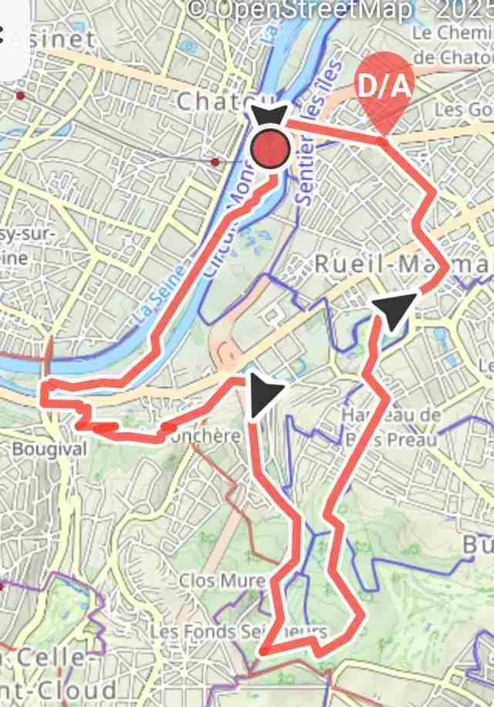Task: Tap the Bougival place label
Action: click(x=49, y=449)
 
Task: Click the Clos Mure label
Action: click(x=222, y=580)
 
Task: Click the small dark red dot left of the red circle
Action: click(x=215, y=162)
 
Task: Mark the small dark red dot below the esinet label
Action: click(x=20, y=95)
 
